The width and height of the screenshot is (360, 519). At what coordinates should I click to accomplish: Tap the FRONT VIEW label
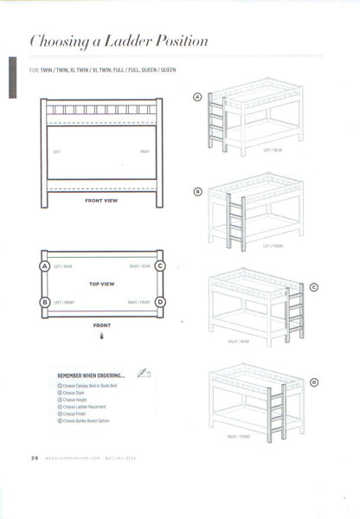coord(101,201)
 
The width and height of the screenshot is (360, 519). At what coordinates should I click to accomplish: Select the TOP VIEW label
coord(101,283)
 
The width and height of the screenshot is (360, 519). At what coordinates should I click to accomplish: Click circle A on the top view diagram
coord(43,266)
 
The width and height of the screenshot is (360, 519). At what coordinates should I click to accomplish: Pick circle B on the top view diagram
coord(43,302)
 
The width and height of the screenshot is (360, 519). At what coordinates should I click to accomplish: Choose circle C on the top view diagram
coord(160,266)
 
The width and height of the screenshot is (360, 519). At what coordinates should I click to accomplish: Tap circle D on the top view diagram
coord(160,302)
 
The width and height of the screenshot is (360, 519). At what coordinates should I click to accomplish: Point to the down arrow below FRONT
coord(101,340)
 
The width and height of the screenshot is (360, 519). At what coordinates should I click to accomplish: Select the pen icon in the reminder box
coord(144,373)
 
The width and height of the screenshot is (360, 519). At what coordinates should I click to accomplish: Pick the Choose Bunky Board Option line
coord(87,420)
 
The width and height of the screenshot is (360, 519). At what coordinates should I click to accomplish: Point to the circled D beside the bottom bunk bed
coord(314,381)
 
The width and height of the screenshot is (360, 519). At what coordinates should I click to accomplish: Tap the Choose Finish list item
coord(74,413)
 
